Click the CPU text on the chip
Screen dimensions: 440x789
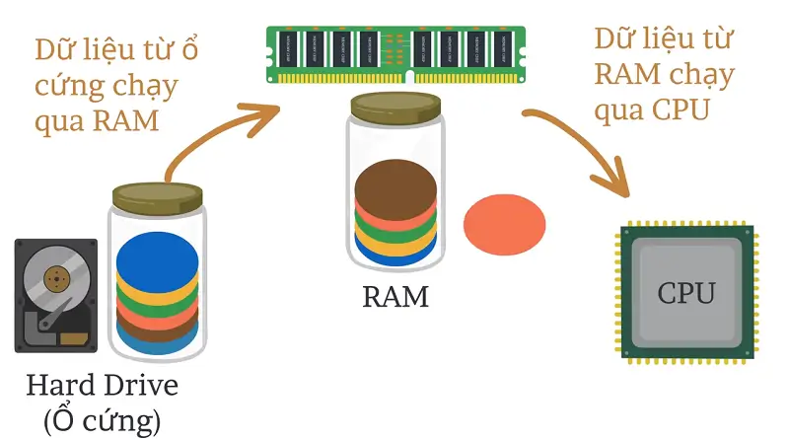pos(687,293)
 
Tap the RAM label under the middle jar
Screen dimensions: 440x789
pos(395,296)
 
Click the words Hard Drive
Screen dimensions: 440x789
pos(103,384)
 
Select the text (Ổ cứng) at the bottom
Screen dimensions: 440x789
pos(102,421)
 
